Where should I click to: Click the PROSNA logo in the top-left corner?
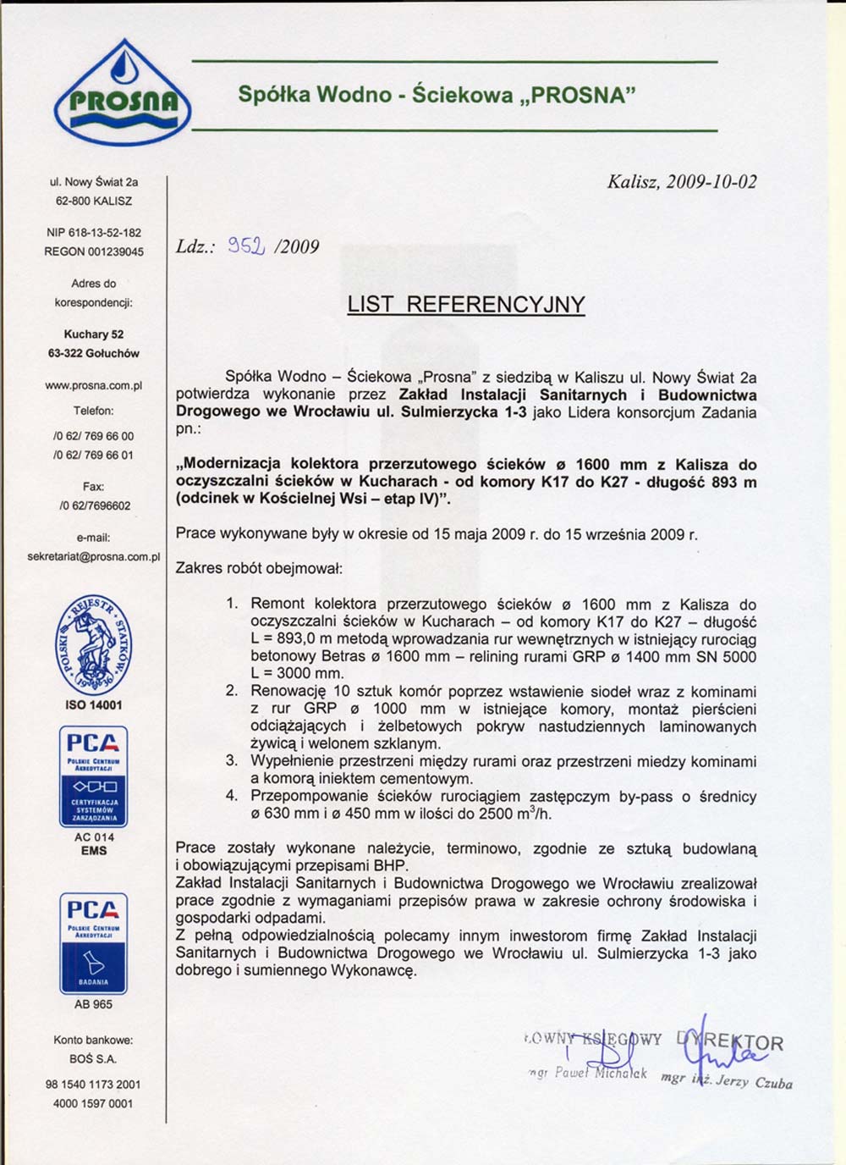point(122,93)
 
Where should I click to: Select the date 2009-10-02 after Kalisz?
point(711,181)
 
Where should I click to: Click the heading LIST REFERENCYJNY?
point(466,304)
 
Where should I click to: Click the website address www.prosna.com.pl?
point(94,385)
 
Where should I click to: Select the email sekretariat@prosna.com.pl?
point(94,556)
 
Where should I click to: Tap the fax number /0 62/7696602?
point(95,505)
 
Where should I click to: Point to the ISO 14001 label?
point(94,704)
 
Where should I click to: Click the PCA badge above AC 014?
point(94,775)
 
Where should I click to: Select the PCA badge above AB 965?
point(94,942)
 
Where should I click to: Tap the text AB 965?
point(94,1004)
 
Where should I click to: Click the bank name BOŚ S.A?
point(94,1058)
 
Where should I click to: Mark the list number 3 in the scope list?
point(232,760)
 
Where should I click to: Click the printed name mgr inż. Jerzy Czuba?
point(727,1080)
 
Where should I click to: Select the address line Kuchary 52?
point(94,334)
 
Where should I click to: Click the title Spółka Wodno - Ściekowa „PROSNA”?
point(436,95)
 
